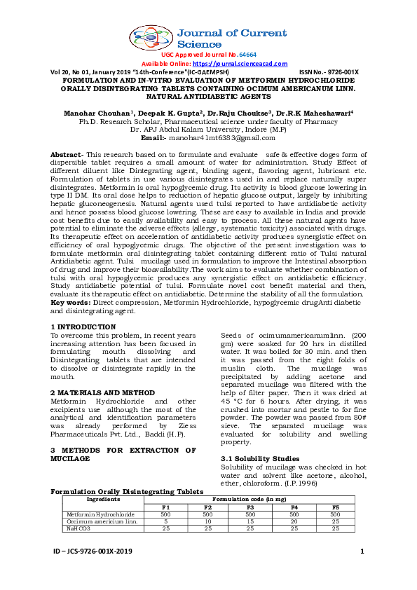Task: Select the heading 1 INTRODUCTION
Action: pyautogui.click(x=83, y=327)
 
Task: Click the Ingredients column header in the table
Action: pyautogui.click(x=103, y=499)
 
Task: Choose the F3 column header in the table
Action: pyautogui.click(x=250, y=507)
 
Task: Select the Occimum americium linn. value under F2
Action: pyautogui.click(x=207, y=521)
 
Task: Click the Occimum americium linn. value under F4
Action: pyautogui.click(x=294, y=521)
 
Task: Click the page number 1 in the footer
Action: pyautogui.click(x=362, y=552)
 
